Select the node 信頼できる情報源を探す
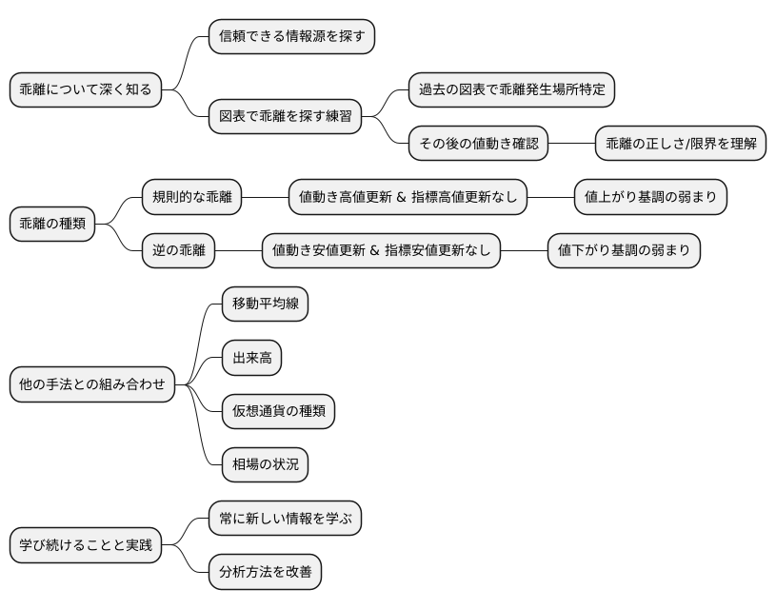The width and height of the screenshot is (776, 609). click(292, 36)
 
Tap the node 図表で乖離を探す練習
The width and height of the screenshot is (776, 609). click(286, 117)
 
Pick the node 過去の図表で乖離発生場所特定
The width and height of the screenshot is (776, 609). click(512, 90)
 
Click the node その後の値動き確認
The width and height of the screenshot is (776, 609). click(479, 144)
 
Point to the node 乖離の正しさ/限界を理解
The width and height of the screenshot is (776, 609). click(681, 144)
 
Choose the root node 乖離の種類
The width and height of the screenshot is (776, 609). click(53, 225)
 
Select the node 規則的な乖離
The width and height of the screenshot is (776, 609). click(191, 198)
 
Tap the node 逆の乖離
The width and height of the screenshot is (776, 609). click(178, 251)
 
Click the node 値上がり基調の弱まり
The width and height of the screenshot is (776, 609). click(651, 198)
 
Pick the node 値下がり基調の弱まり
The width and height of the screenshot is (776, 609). click(625, 251)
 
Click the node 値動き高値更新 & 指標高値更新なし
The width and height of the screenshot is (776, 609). click(408, 198)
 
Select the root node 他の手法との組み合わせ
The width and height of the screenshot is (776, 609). click(92, 385)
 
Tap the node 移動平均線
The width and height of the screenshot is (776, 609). click(265, 304)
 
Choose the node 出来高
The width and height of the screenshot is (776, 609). click(251, 358)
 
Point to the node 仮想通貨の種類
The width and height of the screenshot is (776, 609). click(278, 412)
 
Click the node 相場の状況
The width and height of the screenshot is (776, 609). click(265, 465)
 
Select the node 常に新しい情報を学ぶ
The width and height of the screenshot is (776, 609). click(285, 520)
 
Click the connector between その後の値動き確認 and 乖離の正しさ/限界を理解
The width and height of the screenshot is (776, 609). click(572, 144)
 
